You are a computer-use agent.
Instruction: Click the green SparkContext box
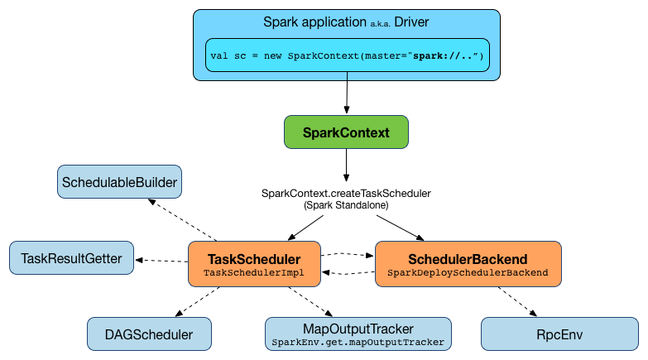pos(346,132)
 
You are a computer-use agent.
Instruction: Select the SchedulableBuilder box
pos(119,181)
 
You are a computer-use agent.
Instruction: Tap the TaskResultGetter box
pos(71,258)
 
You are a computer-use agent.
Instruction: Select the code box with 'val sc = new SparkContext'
pos(347,56)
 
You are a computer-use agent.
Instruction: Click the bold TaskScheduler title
pos(254,257)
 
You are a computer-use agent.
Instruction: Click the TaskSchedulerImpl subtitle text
pos(254,272)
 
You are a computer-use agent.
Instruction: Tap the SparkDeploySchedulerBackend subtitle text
pos(468,272)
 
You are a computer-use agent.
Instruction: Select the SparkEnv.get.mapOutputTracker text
pos(358,342)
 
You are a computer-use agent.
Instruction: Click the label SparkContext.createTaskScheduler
pos(346,193)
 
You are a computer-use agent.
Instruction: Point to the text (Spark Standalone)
pos(346,204)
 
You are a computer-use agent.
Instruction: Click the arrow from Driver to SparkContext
pos(347,98)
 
